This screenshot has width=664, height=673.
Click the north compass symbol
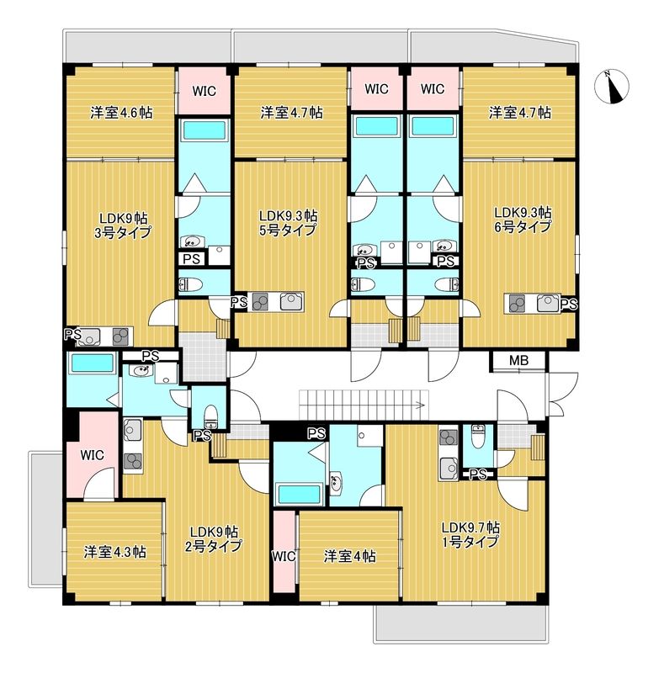click(612, 87)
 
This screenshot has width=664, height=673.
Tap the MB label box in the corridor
click(518, 361)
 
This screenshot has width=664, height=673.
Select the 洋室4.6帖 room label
click(121, 113)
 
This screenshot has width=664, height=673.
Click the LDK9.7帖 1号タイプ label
click(470, 534)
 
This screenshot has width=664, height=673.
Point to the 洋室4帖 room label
click(349, 557)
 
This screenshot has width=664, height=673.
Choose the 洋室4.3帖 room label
click(114, 552)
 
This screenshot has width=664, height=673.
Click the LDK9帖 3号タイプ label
click(123, 225)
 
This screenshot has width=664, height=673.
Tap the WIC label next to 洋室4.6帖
click(204, 92)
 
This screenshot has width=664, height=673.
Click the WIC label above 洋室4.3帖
click(92, 455)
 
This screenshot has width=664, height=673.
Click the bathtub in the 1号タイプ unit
click(300, 494)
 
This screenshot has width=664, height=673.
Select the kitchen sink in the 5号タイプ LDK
click(291, 301)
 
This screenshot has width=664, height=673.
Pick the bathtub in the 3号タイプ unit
click(204, 130)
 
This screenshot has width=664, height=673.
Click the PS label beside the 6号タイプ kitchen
click(569, 305)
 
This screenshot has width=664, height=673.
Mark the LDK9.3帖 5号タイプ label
click(287, 222)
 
